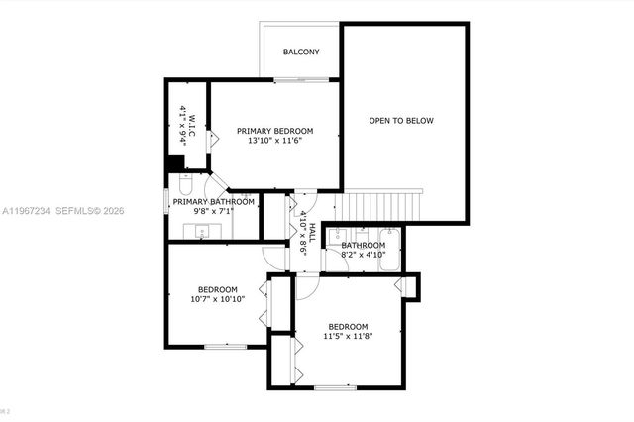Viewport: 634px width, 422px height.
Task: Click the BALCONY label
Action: click(301, 53)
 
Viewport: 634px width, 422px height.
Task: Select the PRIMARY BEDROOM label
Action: click(274, 131)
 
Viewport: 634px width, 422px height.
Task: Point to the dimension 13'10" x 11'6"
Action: click(274, 142)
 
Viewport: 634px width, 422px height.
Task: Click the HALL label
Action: click(311, 234)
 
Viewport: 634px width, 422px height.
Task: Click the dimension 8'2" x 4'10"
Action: click(364, 255)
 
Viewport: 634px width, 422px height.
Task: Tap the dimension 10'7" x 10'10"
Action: click(218, 298)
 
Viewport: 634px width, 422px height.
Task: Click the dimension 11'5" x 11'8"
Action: click(349, 338)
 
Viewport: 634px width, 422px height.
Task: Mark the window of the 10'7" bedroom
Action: click(225, 346)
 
